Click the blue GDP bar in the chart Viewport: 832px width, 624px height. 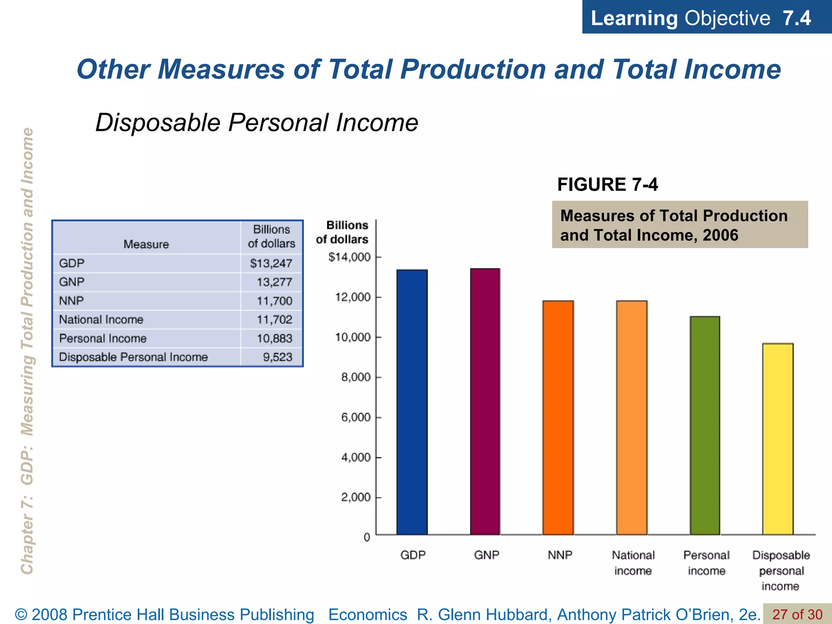[x=412, y=402]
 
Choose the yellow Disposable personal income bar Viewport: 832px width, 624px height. [x=778, y=439]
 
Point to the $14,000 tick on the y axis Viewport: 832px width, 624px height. [x=349, y=257]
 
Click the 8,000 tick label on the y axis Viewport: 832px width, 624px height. [x=356, y=377]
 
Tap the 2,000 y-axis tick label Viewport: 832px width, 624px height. [x=356, y=497]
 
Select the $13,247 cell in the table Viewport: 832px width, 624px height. [x=271, y=264]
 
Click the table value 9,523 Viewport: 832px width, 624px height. [x=277, y=357]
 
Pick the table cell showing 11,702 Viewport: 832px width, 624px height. [x=274, y=320]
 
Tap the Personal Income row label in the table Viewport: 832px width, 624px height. [x=103, y=338]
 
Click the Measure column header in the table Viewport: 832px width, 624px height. [x=146, y=244]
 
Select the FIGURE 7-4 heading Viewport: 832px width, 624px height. [x=607, y=185]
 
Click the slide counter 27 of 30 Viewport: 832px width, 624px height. [x=797, y=614]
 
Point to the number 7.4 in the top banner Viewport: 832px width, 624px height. [x=797, y=18]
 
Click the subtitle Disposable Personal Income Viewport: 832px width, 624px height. [x=257, y=122]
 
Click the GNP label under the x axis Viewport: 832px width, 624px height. [x=486, y=555]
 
